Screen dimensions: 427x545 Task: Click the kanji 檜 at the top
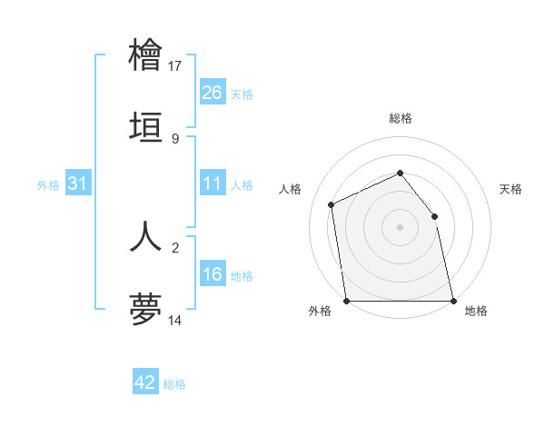(x=146, y=54)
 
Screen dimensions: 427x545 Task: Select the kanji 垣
(x=146, y=126)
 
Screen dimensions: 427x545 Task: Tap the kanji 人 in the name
(x=146, y=235)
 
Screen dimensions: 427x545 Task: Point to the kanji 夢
(x=146, y=308)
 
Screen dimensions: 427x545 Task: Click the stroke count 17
(x=175, y=65)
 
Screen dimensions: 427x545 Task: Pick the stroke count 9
(x=175, y=138)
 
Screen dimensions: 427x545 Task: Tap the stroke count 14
(x=175, y=320)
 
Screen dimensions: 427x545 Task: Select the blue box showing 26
(x=213, y=93)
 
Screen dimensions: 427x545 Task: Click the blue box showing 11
(x=213, y=184)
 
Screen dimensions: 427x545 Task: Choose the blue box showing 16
(x=213, y=275)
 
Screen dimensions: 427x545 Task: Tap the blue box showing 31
(x=78, y=184)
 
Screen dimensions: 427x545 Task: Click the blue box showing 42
(x=145, y=383)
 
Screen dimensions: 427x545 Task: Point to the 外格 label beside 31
(x=48, y=185)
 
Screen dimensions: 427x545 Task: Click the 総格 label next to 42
(x=174, y=384)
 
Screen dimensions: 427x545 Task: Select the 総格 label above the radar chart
(x=400, y=118)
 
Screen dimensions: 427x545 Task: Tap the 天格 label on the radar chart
(x=510, y=189)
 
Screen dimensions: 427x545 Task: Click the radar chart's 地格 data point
(x=452, y=301)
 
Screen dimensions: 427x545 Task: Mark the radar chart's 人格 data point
(x=332, y=204)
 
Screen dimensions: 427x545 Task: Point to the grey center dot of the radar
(x=400, y=227)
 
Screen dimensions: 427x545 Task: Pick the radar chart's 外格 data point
(x=347, y=301)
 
